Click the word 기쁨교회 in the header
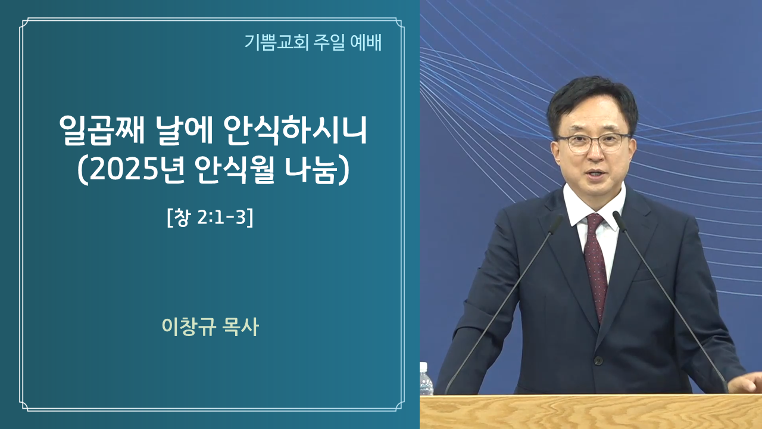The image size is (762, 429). pyautogui.click(x=276, y=42)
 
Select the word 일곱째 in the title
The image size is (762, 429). pyautogui.click(x=102, y=130)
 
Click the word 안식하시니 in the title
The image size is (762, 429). pyautogui.click(x=295, y=130)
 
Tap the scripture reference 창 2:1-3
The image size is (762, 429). pyautogui.click(x=211, y=217)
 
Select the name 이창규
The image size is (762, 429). pyautogui.click(x=189, y=327)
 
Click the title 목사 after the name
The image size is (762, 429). pyautogui.click(x=241, y=327)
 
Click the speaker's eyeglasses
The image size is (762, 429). pyautogui.click(x=594, y=142)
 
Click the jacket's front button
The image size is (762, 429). pyautogui.click(x=598, y=360)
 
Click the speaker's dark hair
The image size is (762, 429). pyautogui.click(x=591, y=102)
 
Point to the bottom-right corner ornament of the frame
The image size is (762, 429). pyautogui.click(x=399, y=406)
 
